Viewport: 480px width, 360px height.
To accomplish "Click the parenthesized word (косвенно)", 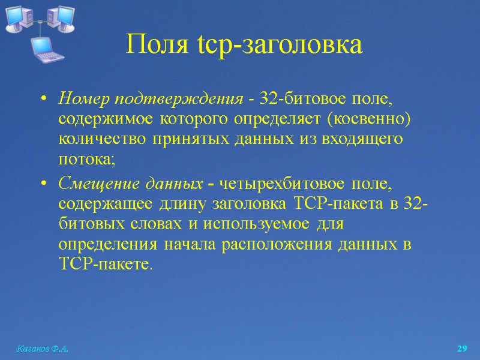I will (370, 119).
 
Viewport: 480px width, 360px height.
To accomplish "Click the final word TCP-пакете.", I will (105, 265).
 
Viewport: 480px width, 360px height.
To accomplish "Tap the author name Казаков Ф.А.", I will (38, 349).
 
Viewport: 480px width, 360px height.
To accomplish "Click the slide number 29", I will (462, 349).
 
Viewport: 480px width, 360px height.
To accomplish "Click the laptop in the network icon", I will (48, 49).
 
